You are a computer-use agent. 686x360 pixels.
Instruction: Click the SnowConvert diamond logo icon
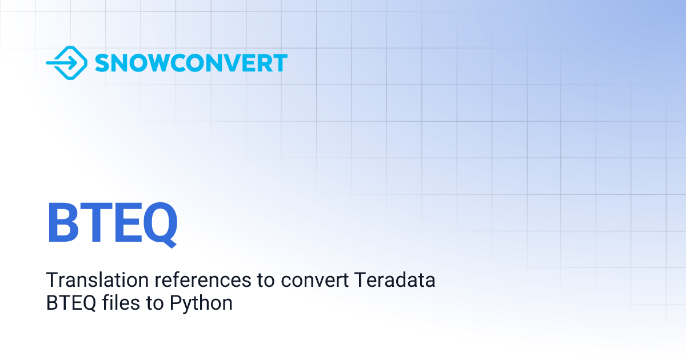pyautogui.click(x=66, y=62)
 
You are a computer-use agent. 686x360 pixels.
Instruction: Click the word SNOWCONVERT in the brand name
pyautogui.click(x=191, y=63)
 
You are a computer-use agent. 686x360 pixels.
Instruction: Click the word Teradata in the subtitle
pyautogui.click(x=395, y=281)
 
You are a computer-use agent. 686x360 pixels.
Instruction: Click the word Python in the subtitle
pyautogui.click(x=201, y=303)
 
